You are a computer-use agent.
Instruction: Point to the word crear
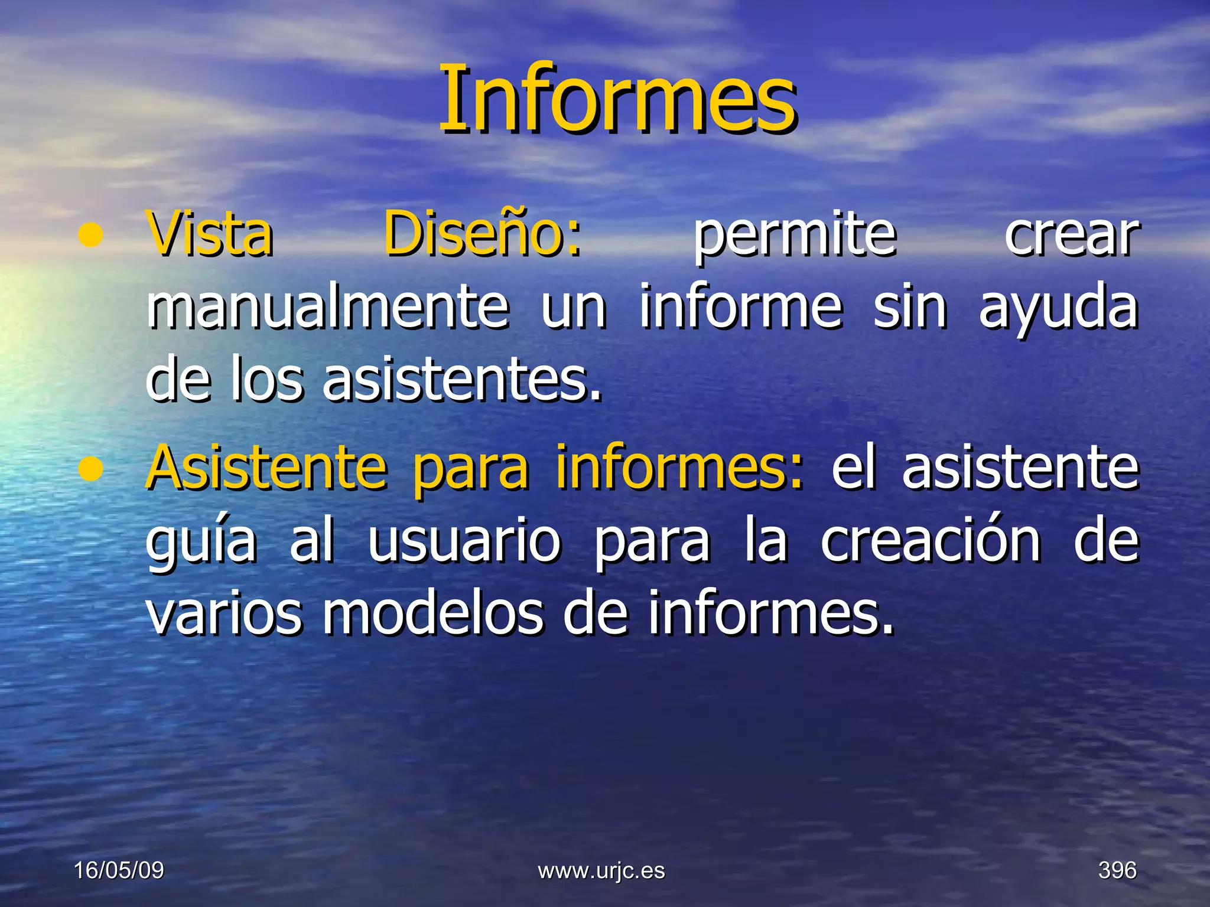coord(1071,236)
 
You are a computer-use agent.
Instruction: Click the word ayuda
coord(1058,308)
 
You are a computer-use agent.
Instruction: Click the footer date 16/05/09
coord(119,870)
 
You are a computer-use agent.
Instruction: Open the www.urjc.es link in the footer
coord(601,870)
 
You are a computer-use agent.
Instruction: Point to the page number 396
coord(1117,870)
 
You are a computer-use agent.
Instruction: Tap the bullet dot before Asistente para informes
coord(90,469)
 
